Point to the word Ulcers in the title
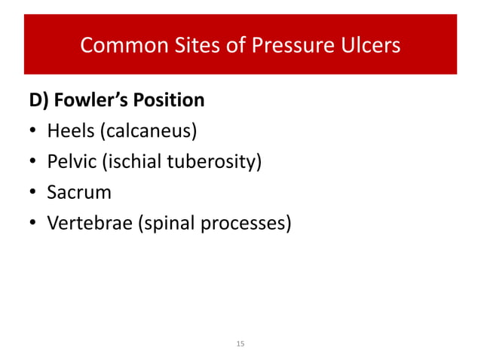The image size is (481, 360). [369, 46]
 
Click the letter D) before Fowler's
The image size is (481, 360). [41, 100]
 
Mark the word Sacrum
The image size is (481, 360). [78, 192]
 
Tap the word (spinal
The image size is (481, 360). [161, 223]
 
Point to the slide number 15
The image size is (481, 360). [240, 343]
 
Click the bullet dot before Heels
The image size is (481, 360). [33, 133]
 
